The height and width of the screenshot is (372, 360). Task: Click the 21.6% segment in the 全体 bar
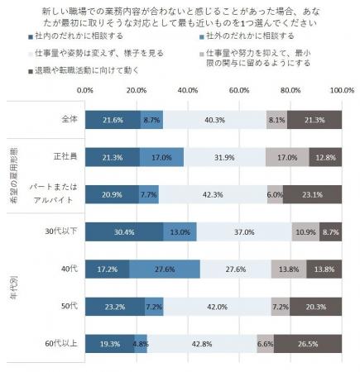pyautogui.click(x=112, y=120)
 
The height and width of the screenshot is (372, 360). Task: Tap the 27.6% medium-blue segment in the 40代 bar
pyautogui.click(x=164, y=269)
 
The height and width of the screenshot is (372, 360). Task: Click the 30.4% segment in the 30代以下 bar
pyautogui.click(x=123, y=232)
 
